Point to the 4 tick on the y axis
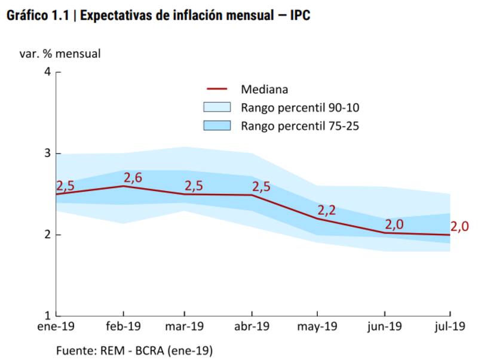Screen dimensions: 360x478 [x=47, y=72]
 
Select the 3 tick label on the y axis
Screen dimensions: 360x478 [x=47, y=153]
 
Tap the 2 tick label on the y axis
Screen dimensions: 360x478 [x=47, y=235]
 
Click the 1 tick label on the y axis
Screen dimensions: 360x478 [x=47, y=315]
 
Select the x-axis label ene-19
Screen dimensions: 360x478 [x=57, y=327]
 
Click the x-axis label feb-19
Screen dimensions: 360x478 [x=123, y=327]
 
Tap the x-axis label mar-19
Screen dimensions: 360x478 [x=184, y=327]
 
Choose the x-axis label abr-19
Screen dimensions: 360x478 [x=252, y=327]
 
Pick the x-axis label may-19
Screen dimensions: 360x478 [x=317, y=327]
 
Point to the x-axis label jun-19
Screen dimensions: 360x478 [x=384, y=327]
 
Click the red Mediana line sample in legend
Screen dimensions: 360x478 [x=216, y=90]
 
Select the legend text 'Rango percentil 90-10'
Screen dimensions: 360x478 [x=300, y=108]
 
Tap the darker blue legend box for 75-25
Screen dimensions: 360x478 [x=216, y=126]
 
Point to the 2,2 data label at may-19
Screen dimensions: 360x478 [x=327, y=210]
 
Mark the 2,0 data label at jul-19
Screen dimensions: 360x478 [x=459, y=226]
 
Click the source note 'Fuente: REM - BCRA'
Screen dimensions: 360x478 [x=134, y=350]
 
